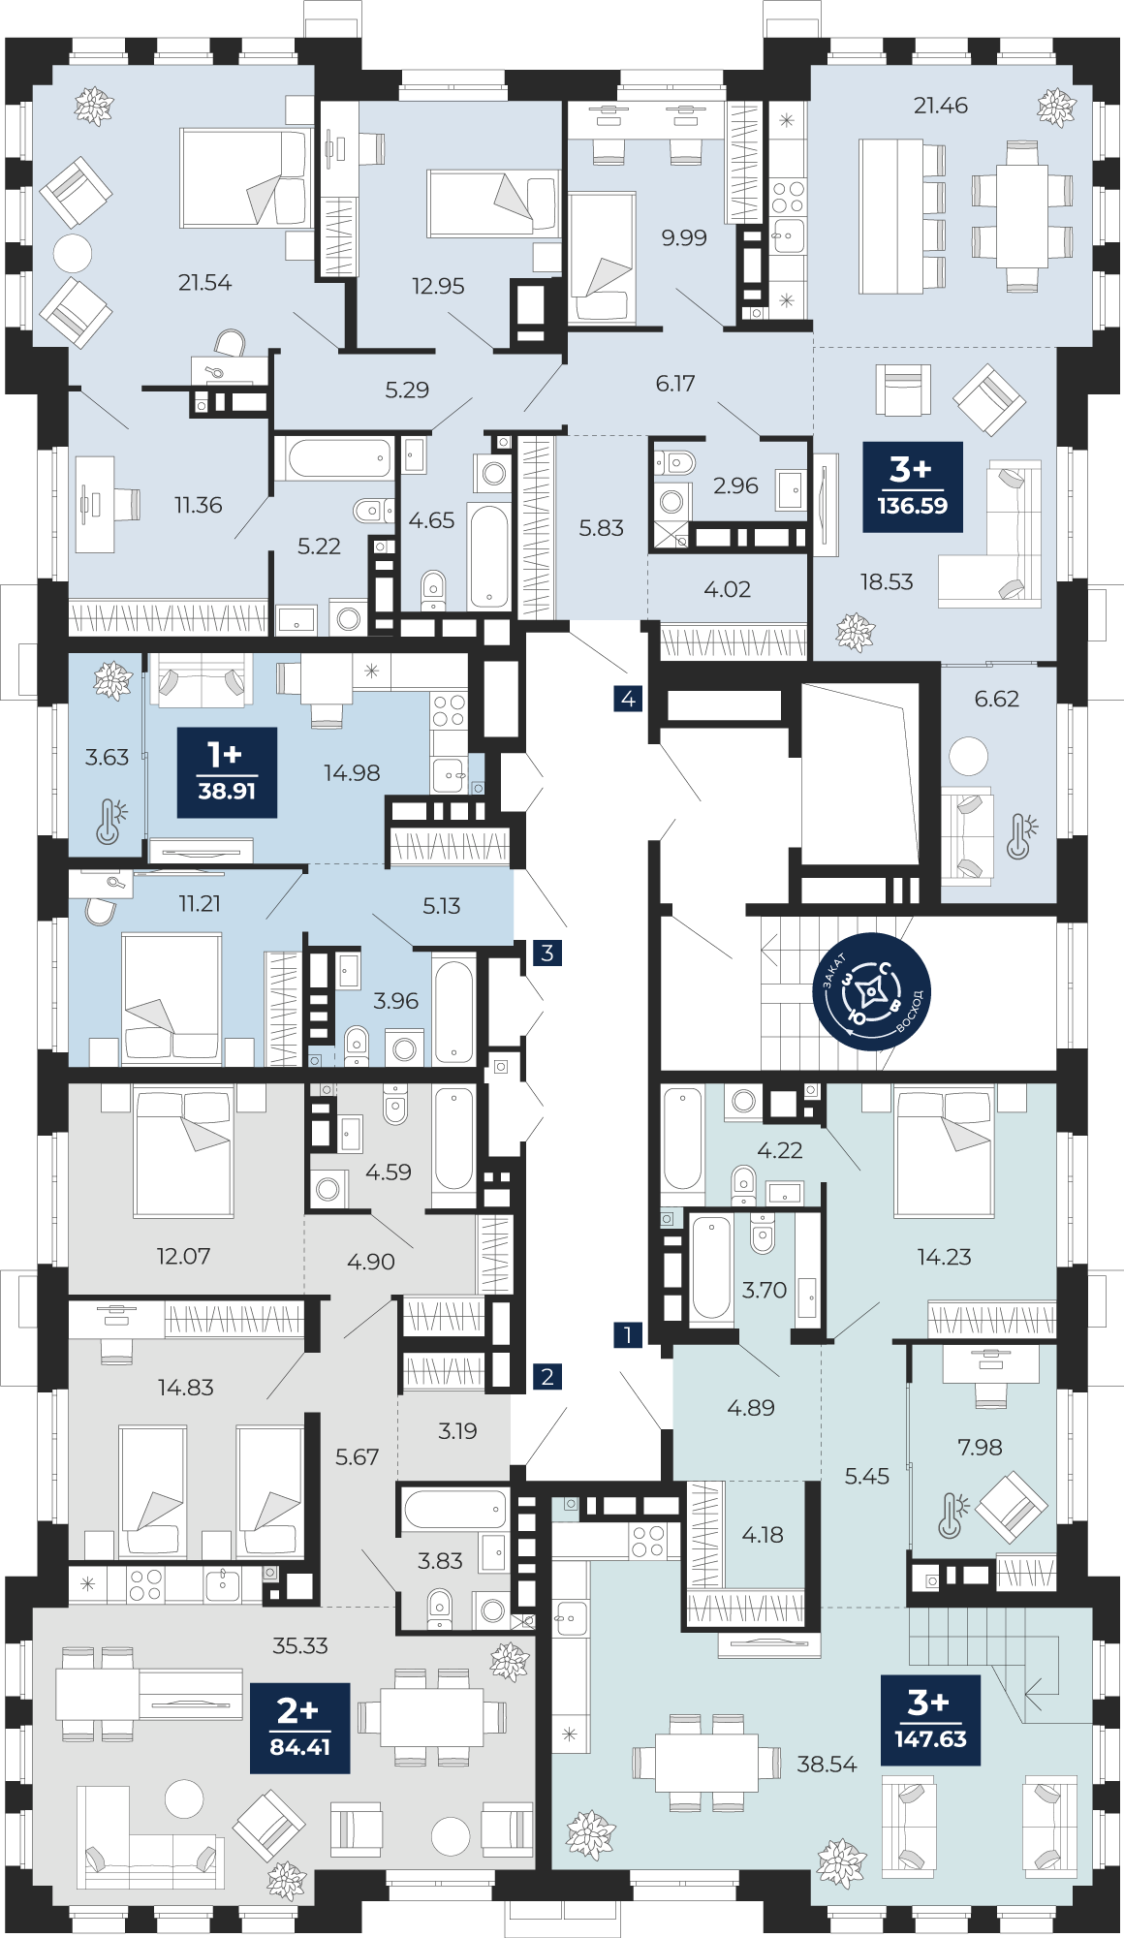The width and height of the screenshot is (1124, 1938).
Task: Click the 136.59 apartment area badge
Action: (x=913, y=486)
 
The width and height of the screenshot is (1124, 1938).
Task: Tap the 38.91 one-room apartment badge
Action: (x=227, y=772)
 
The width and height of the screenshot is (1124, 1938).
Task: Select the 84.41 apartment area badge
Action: (x=300, y=1729)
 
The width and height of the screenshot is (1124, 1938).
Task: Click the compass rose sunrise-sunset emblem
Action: (x=871, y=991)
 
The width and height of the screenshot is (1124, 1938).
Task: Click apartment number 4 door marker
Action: (x=628, y=698)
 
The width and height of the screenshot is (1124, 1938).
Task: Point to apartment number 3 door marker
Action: (x=547, y=953)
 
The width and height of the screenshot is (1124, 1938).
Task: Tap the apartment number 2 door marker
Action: (x=547, y=1376)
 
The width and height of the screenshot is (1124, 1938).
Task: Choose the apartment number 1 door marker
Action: (x=628, y=1334)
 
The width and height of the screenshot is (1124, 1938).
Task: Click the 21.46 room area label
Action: (x=940, y=105)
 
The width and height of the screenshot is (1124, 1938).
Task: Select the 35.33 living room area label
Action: (x=300, y=1645)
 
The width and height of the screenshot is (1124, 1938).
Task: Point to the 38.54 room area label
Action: (x=827, y=1765)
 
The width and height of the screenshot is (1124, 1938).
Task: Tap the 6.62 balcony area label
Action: (x=997, y=699)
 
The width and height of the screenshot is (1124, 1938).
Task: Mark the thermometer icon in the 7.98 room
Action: (x=952, y=1516)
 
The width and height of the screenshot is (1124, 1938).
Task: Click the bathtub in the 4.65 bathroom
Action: (x=489, y=556)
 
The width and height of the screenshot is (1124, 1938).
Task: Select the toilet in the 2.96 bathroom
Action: (x=675, y=462)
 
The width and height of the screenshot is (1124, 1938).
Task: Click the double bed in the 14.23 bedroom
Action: (x=945, y=1153)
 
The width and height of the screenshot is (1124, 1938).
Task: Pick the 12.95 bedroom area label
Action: (x=438, y=286)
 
